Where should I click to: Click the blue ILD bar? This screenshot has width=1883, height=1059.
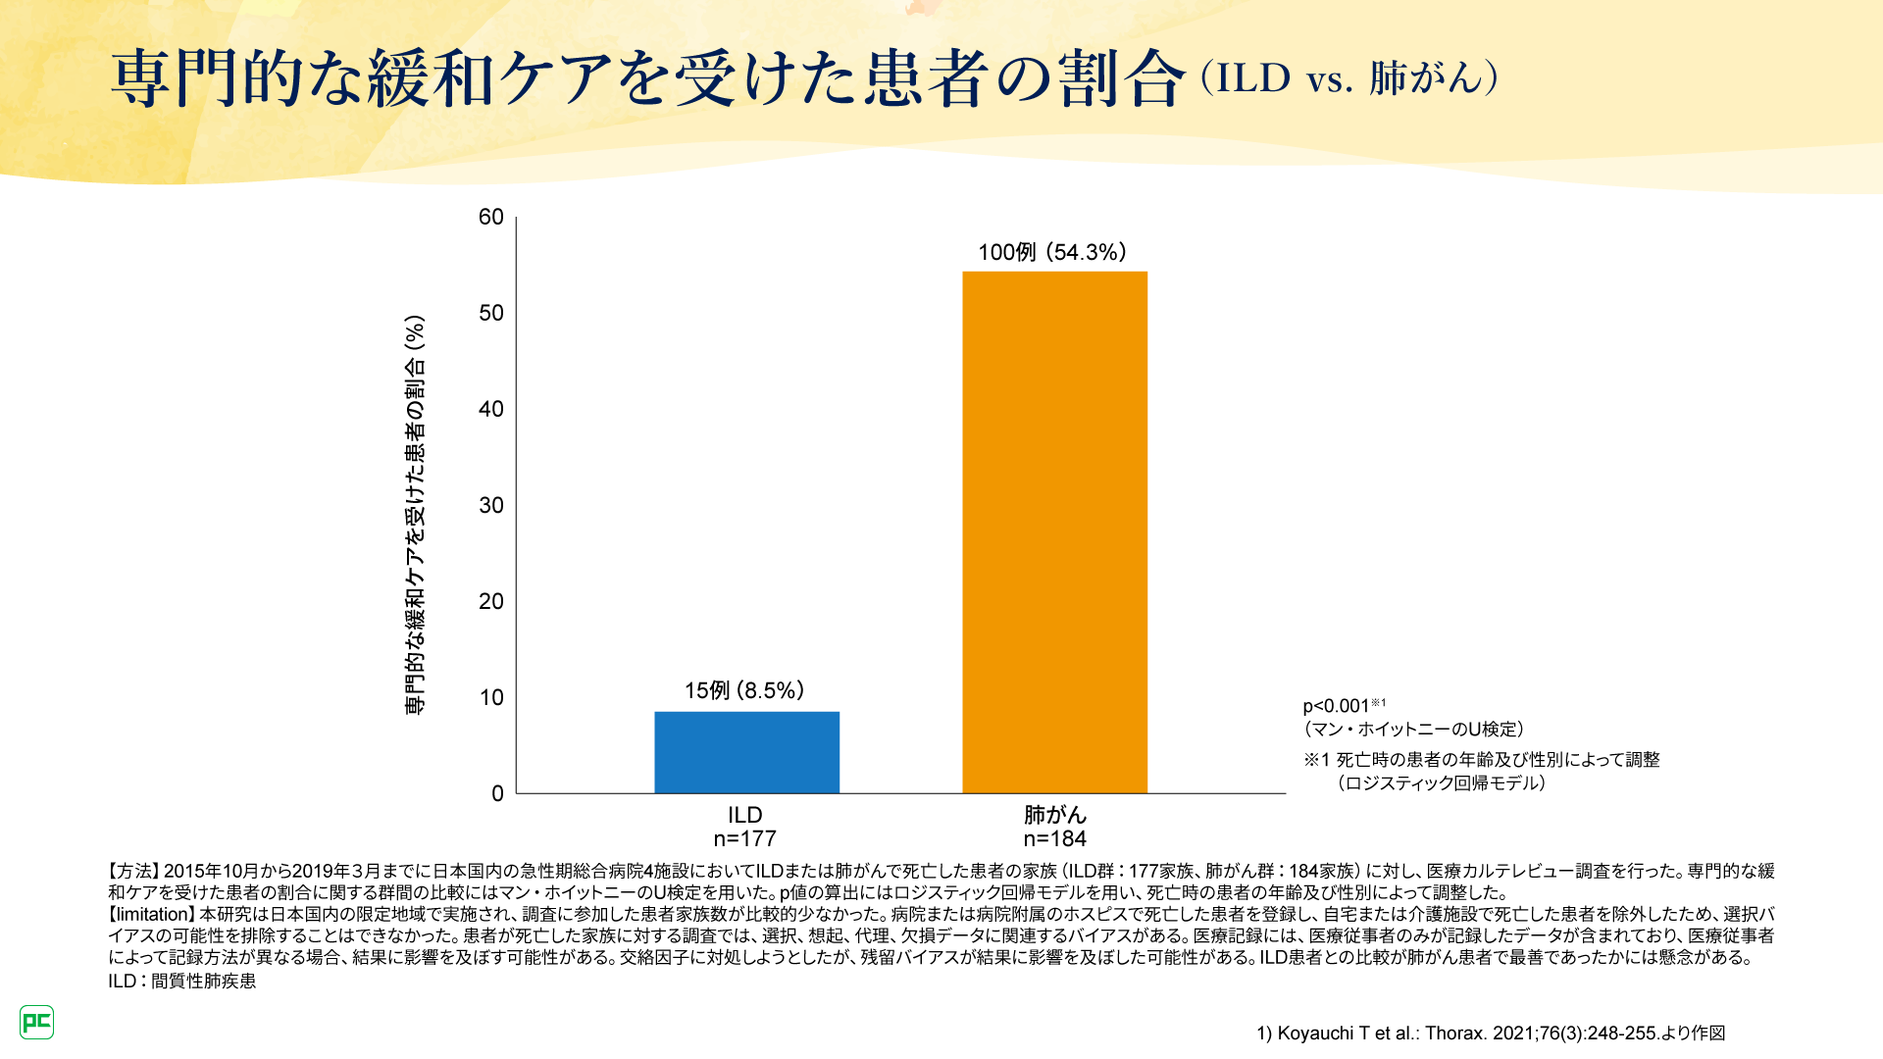746,752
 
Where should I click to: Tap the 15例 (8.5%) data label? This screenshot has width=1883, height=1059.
744,690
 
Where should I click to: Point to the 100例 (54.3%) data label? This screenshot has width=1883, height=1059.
1052,252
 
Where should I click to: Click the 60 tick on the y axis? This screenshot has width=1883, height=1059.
490,217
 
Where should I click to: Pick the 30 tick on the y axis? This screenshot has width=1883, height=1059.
490,505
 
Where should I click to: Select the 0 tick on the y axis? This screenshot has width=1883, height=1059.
497,793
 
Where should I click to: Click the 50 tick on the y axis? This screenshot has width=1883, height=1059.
490,313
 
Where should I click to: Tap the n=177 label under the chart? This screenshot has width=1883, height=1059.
744,839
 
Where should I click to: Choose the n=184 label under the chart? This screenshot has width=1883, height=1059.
1054,839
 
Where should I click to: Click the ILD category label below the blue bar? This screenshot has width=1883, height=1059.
744,815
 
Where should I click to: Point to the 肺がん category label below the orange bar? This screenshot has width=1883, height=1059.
1054,815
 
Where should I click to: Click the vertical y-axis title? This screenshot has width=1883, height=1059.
416,515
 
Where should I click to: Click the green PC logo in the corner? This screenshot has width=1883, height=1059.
37,1022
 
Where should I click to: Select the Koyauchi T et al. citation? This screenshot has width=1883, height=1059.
1491,1033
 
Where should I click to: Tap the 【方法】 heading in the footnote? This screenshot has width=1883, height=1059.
133,871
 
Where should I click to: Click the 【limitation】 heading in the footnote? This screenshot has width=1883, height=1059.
152,914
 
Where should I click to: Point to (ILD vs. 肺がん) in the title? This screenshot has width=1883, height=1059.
1349,78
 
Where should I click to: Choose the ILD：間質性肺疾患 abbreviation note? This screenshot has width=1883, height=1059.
181,981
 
